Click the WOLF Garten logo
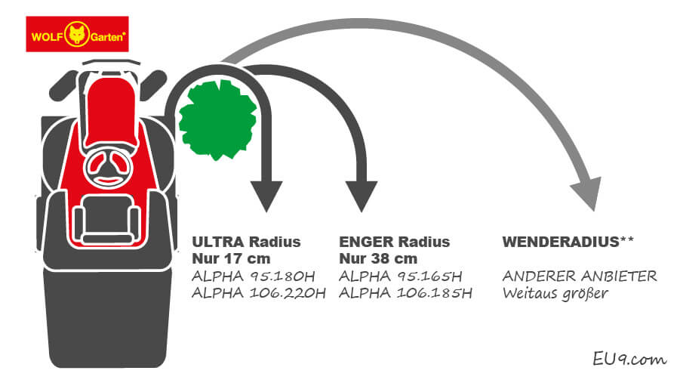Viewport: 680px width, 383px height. click(x=78, y=34)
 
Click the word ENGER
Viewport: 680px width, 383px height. click(x=365, y=242)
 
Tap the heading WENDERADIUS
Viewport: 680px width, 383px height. click(x=559, y=242)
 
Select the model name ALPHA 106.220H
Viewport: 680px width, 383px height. click(x=259, y=293)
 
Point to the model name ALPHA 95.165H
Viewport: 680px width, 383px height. click(x=401, y=276)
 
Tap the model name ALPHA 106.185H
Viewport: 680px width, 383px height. click(x=406, y=293)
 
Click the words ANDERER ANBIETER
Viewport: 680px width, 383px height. click(x=580, y=276)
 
